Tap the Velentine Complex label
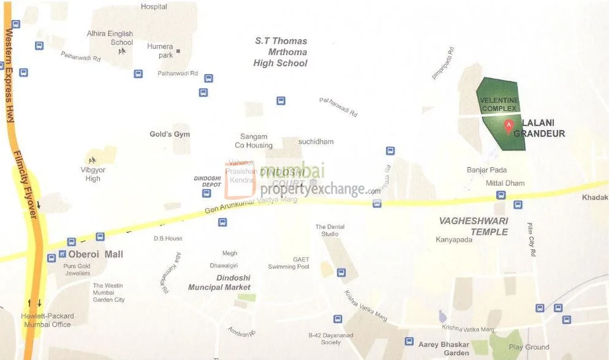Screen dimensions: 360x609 coord(499,104)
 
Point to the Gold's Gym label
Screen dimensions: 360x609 coord(170,134)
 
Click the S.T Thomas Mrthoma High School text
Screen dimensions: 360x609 coord(281,52)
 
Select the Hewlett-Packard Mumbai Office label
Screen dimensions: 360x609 coord(48,320)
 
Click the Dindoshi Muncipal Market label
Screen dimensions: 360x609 coord(219,282)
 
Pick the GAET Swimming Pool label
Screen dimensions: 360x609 coord(289,263)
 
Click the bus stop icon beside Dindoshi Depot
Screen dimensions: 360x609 coord(206,193)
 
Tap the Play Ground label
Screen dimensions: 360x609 coord(529,347)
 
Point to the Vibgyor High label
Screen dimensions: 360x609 coord(93,174)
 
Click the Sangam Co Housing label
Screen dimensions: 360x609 coord(254,141)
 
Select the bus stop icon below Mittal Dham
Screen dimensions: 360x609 coord(501,195)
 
